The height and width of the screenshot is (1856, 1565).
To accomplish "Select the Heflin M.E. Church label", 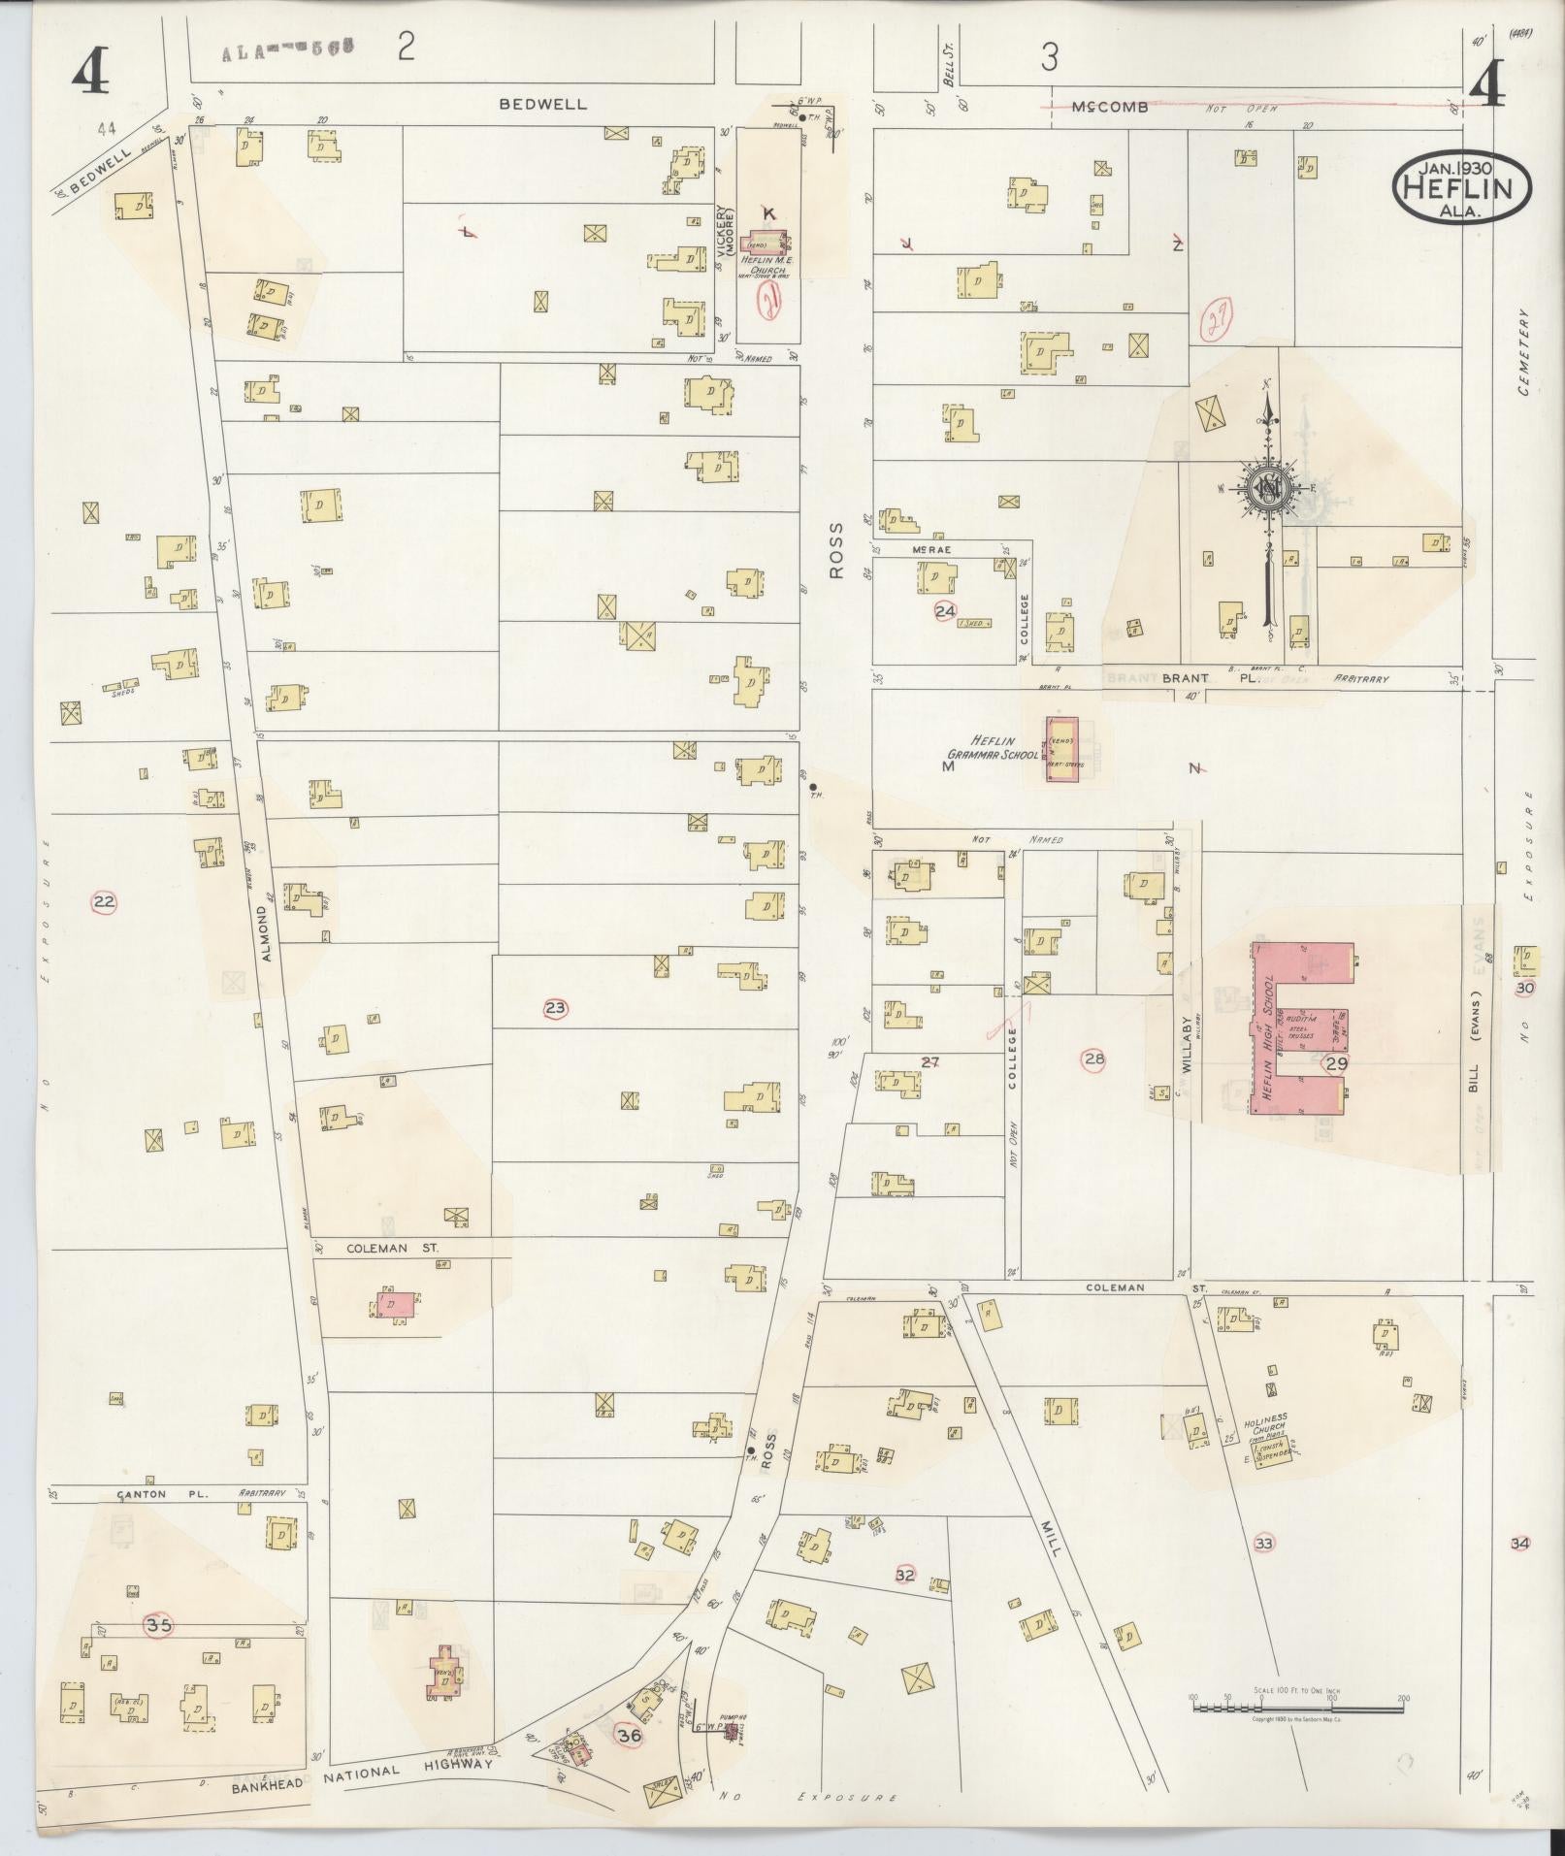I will tap(765, 263).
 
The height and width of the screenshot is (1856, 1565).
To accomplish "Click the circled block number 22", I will tap(104, 902).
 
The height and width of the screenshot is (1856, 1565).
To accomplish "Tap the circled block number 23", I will tap(555, 1009).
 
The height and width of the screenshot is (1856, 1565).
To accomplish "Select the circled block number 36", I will tap(630, 1736).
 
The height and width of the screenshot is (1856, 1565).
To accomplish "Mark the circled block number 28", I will tap(1094, 1059).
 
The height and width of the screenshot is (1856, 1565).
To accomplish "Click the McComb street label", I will tap(1111, 106).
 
